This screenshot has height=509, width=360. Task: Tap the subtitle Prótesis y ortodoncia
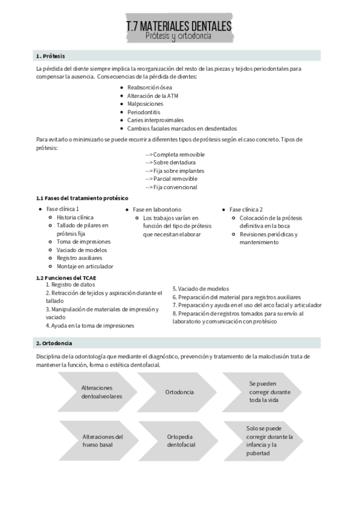pyautogui.click(x=178, y=37)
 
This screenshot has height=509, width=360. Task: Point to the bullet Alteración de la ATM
pyautogui.click(x=152, y=95)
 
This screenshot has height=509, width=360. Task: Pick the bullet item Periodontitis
pyautogui.click(x=143, y=112)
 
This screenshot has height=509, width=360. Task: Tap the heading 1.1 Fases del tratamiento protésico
pyautogui.click(x=82, y=198)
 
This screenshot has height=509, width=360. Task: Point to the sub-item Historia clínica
pyautogui.click(x=75, y=217)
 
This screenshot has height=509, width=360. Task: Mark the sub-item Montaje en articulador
pyautogui.click(x=85, y=266)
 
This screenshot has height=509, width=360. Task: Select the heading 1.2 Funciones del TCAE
pyautogui.click(x=66, y=277)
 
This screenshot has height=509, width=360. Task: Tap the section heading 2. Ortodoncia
pyautogui.click(x=54, y=343)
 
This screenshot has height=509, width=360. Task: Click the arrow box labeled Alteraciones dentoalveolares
pyautogui.click(x=100, y=392)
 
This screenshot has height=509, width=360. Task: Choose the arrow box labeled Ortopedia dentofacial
pyautogui.click(x=179, y=441)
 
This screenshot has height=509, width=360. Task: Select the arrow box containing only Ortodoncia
pyautogui.click(x=179, y=392)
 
